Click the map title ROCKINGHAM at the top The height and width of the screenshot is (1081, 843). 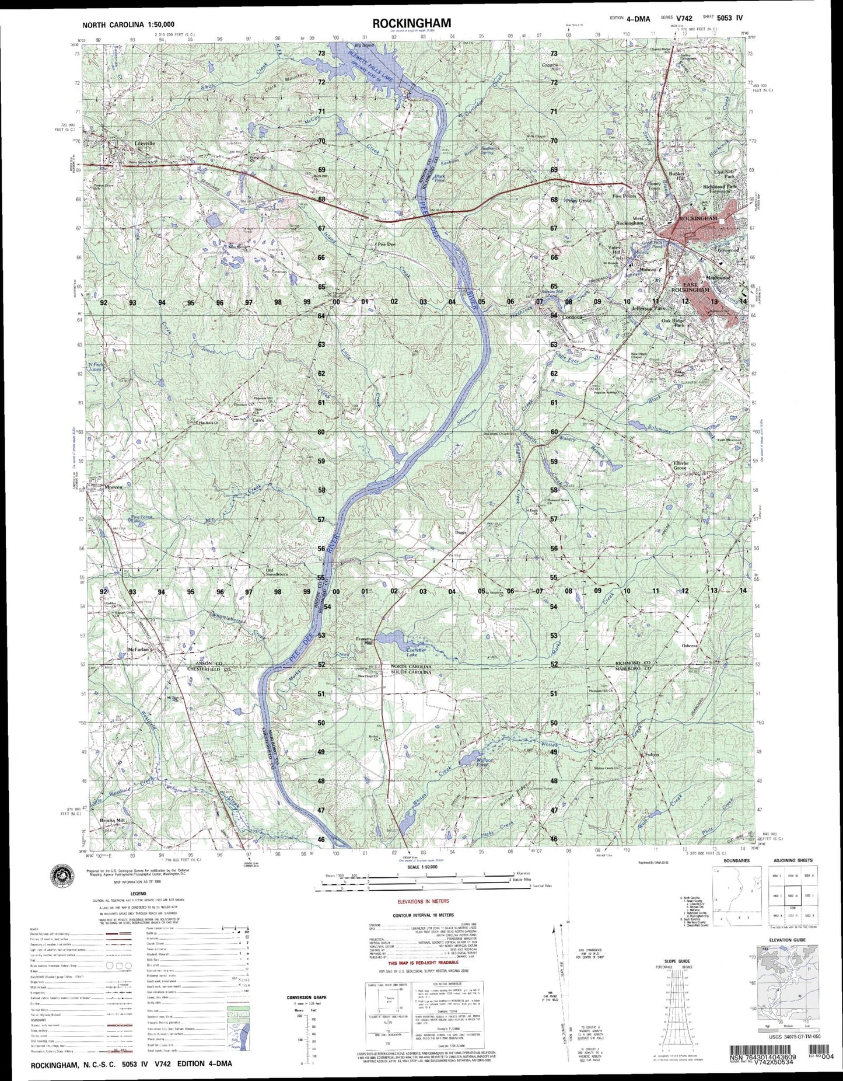[x=411, y=23]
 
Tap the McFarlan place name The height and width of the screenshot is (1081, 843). [x=138, y=649]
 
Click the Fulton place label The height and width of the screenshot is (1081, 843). [x=651, y=755]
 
